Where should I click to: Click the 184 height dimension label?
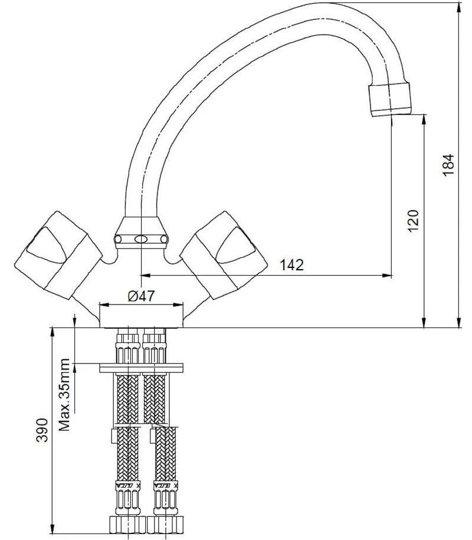[450, 164]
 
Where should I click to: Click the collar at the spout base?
[140, 233]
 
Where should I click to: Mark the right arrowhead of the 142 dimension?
[388, 275]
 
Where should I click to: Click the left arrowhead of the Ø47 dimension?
[103, 305]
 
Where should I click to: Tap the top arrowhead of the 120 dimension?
[424, 118]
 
